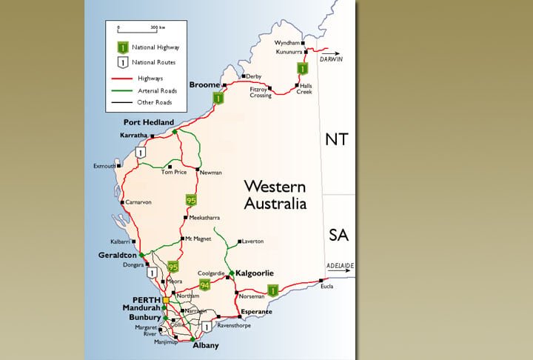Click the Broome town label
click(x=205, y=85)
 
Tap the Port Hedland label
click(x=148, y=122)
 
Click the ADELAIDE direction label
click(x=340, y=265)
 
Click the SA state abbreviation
click(x=338, y=236)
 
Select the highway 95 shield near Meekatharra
click(x=191, y=200)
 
